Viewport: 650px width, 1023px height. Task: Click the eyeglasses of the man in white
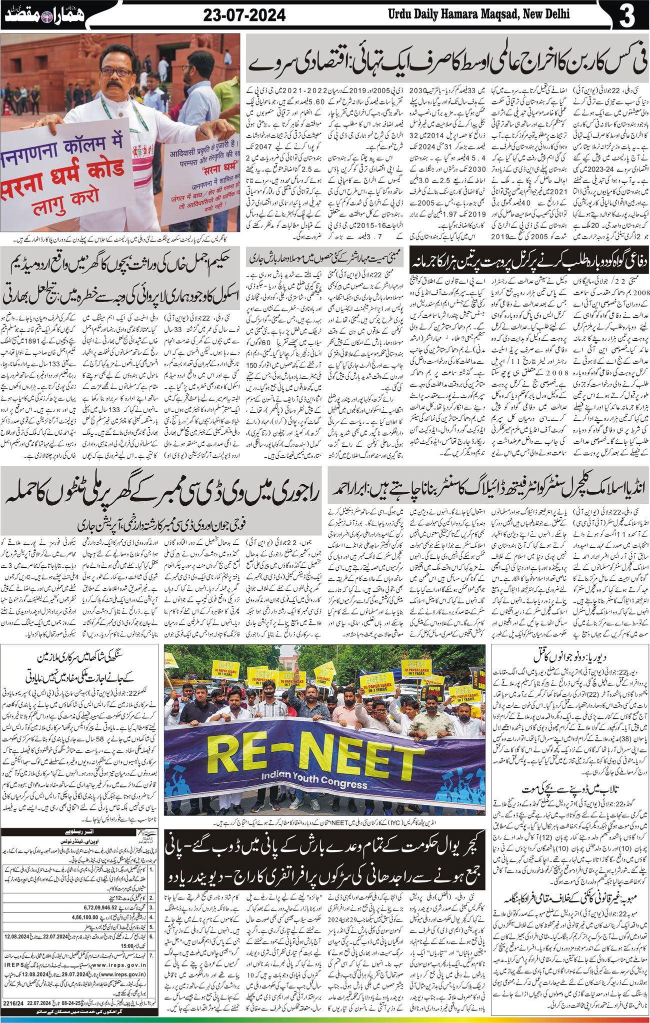(116, 72)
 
